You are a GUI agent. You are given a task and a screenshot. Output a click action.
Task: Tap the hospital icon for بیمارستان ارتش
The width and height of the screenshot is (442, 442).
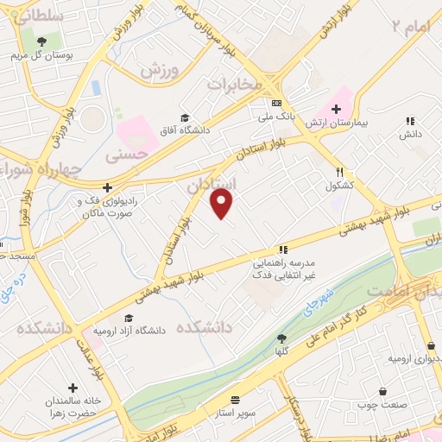pyautogui.click(x=334, y=109)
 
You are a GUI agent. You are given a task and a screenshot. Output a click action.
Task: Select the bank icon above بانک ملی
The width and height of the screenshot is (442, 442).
pyautogui.click(x=275, y=102)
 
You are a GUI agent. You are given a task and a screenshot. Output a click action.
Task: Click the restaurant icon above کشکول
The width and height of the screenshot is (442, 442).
pyautogui.click(x=340, y=172)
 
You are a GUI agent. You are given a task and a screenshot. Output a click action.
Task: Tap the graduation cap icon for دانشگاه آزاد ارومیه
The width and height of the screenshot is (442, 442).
pyautogui.click(x=129, y=319)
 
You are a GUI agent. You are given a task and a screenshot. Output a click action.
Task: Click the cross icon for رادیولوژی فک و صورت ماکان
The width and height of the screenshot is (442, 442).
pyautogui.click(x=107, y=186)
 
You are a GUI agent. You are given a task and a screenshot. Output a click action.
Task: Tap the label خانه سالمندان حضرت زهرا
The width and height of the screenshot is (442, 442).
pyautogui.click(x=73, y=405)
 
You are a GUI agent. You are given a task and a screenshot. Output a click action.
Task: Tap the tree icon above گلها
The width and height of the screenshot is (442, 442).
pyautogui.click(x=282, y=338)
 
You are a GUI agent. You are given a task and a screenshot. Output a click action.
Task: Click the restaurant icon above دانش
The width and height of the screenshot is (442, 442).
pyautogui.click(x=410, y=121)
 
